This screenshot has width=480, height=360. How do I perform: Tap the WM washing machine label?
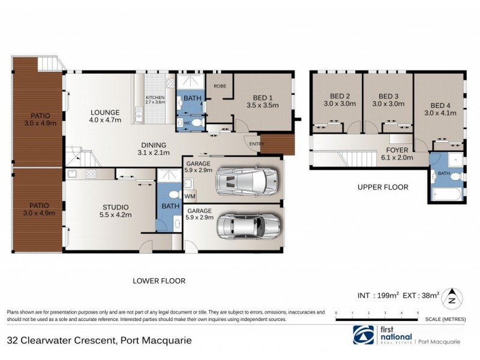click(190, 196)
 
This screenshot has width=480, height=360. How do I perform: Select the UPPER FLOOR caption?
click(383, 187)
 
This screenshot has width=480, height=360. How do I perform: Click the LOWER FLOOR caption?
click(159, 280)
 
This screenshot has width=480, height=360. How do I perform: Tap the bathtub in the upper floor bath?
click(447, 194)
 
